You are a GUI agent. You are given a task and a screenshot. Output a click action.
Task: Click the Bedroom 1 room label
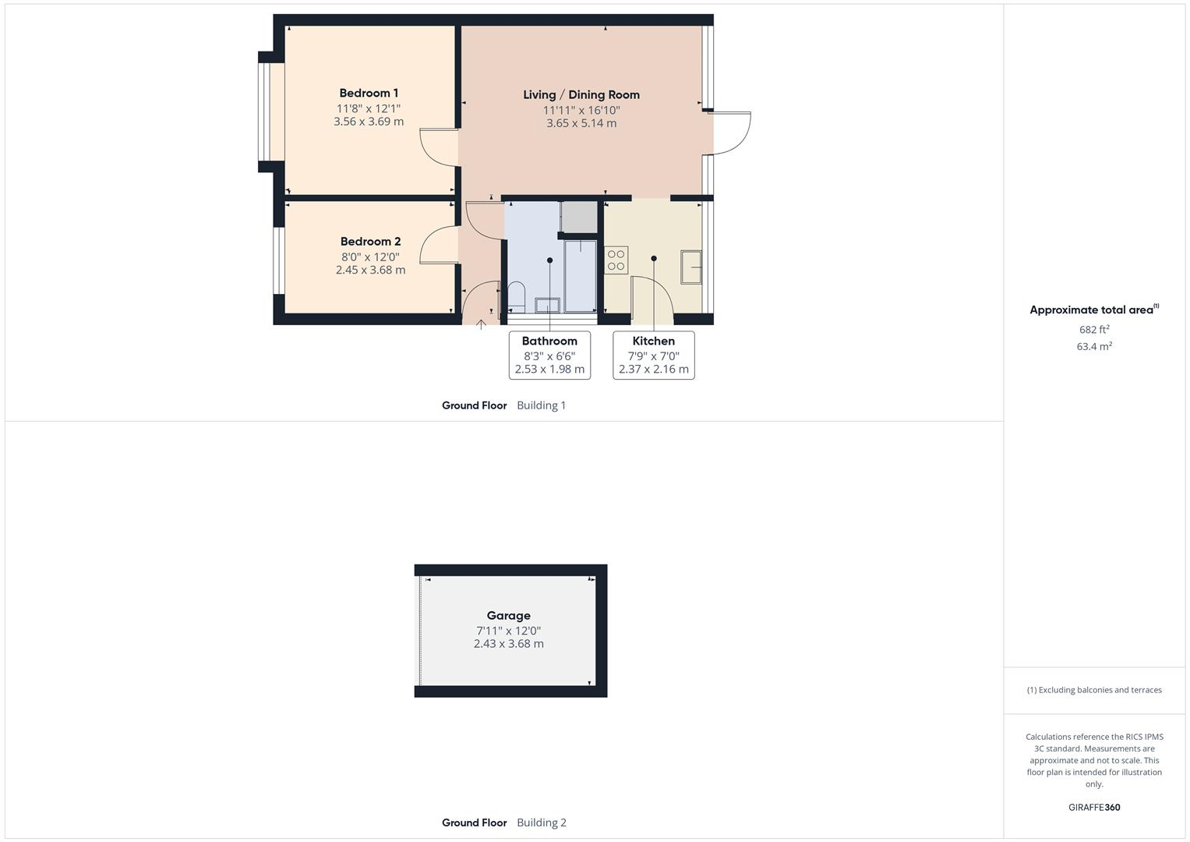pyautogui.click(x=369, y=94)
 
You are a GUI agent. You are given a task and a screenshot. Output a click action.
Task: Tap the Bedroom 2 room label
pyautogui.click(x=370, y=242)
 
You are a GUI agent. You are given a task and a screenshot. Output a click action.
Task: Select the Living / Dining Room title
pyautogui.click(x=581, y=95)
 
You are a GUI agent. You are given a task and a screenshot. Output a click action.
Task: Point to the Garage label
pyautogui.click(x=509, y=616)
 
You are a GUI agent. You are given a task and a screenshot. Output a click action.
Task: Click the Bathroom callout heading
pyautogui.click(x=549, y=341)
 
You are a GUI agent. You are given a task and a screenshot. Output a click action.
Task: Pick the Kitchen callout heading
pyautogui.click(x=653, y=341)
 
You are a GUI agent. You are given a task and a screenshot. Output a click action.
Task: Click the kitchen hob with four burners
pyautogui.click(x=616, y=260)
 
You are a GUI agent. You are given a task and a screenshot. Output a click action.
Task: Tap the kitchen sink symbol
pyautogui.click(x=691, y=267)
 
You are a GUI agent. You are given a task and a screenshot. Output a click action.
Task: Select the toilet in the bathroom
pyautogui.click(x=516, y=295)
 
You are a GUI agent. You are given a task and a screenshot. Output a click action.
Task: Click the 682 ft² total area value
pyautogui.click(x=1094, y=330)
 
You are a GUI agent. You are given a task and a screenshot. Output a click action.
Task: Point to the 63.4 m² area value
pyautogui.click(x=1094, y=347)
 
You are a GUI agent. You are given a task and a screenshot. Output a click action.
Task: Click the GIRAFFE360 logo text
pyautogui.click(x=1094, y=808)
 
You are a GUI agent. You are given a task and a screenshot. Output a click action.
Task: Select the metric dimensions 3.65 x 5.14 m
pyautogui.click(x=581, y=123)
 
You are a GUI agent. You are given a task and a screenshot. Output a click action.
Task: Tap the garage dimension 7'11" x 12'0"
pyautogui.click(x=509, y=631)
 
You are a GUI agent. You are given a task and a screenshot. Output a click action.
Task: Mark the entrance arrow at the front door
pyautogui.click(x=482, y=323)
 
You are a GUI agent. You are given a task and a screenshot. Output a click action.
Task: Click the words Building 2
pyautogui.click(x=542, y=823)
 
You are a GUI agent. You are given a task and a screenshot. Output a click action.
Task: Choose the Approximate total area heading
pyautogui.click(x=1092, y=310)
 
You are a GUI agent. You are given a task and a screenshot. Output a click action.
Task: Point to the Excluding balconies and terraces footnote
pyautogui.click(x=1094, y=690)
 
